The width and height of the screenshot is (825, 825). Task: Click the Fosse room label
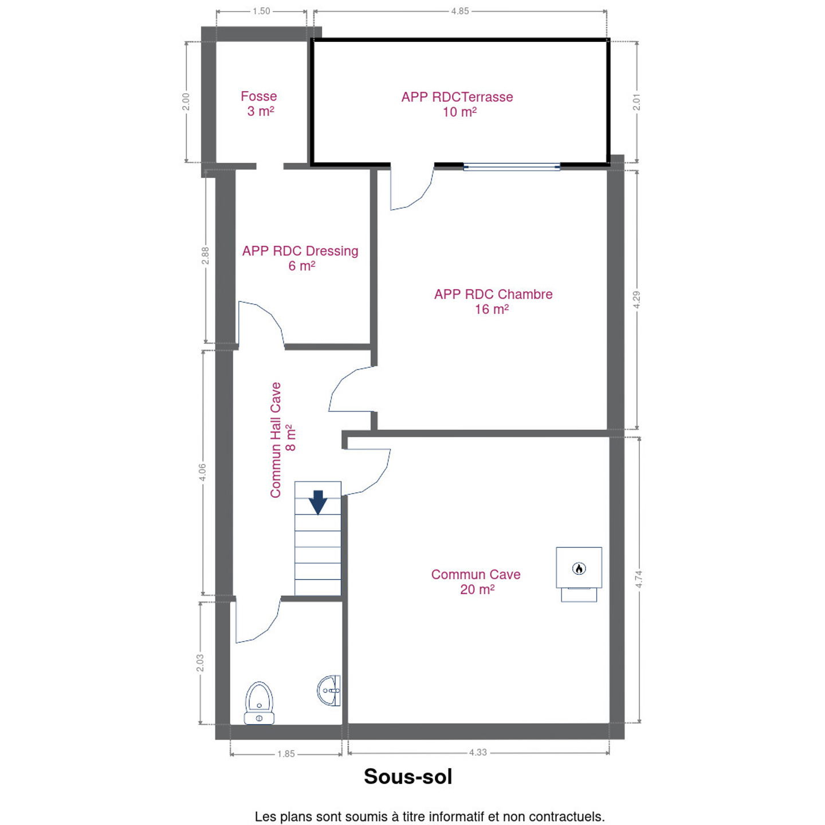point(258,104)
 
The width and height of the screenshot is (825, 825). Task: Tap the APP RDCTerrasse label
point(457,104)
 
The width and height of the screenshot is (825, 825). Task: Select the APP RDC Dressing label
point(300,258)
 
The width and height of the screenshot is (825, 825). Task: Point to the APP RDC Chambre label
point(493,301)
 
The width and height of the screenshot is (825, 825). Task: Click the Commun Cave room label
point(476,582)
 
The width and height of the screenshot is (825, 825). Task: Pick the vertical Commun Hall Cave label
point(282,439)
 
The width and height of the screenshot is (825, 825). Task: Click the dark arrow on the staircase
point(318,502)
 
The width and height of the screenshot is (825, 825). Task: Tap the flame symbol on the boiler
point(579,568)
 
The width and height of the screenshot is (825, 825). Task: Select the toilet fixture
point(259,702)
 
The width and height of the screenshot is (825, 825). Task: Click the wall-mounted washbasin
point(329,690)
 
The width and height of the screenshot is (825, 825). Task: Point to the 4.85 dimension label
point(460,11)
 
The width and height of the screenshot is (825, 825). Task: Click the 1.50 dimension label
point(261,11)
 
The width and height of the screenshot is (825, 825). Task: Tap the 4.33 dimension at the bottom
point(478,752)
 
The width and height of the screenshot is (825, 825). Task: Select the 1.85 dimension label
point(286,754)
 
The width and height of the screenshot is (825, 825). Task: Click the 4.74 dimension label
point(639,579)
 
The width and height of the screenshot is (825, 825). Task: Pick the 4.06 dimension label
point(202,472)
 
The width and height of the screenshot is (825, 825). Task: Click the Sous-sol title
point(408,776)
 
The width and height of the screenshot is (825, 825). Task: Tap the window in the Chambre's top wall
point(512,167)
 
